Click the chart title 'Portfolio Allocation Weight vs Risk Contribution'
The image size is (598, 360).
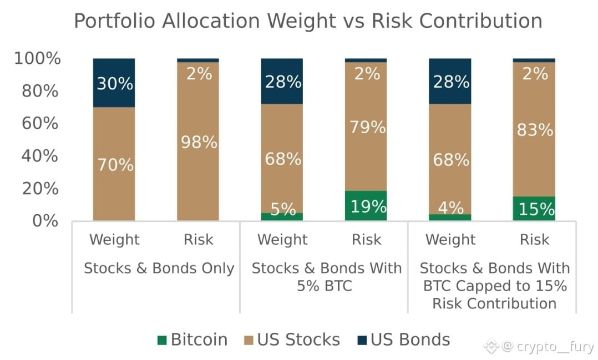pos(308,21)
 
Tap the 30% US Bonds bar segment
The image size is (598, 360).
pos(114,83)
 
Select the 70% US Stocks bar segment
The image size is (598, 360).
pos(114,164)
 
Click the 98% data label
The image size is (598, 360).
pos(199,142)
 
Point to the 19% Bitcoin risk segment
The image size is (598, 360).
pos(366,206)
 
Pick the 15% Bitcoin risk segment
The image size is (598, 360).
pos(534,209)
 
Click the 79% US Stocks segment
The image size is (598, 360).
pos(366,126)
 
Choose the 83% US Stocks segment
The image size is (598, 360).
pos(534,129)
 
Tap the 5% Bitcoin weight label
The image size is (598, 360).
pos(283,209)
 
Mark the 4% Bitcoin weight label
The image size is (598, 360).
pos(451,208)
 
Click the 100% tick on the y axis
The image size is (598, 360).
pos(37,58)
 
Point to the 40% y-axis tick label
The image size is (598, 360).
pos(40,155)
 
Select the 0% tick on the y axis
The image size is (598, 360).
pos(45,221)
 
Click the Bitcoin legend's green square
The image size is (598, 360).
pos(162,340)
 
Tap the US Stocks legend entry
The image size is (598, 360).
pos(292,339)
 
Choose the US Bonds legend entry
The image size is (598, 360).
pos(403,339)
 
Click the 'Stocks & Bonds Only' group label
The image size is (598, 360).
pos(159,268)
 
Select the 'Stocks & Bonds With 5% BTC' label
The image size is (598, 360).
pos(326,277)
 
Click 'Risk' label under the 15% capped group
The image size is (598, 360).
pos(534,240)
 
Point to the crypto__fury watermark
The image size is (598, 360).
pos(539,347)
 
